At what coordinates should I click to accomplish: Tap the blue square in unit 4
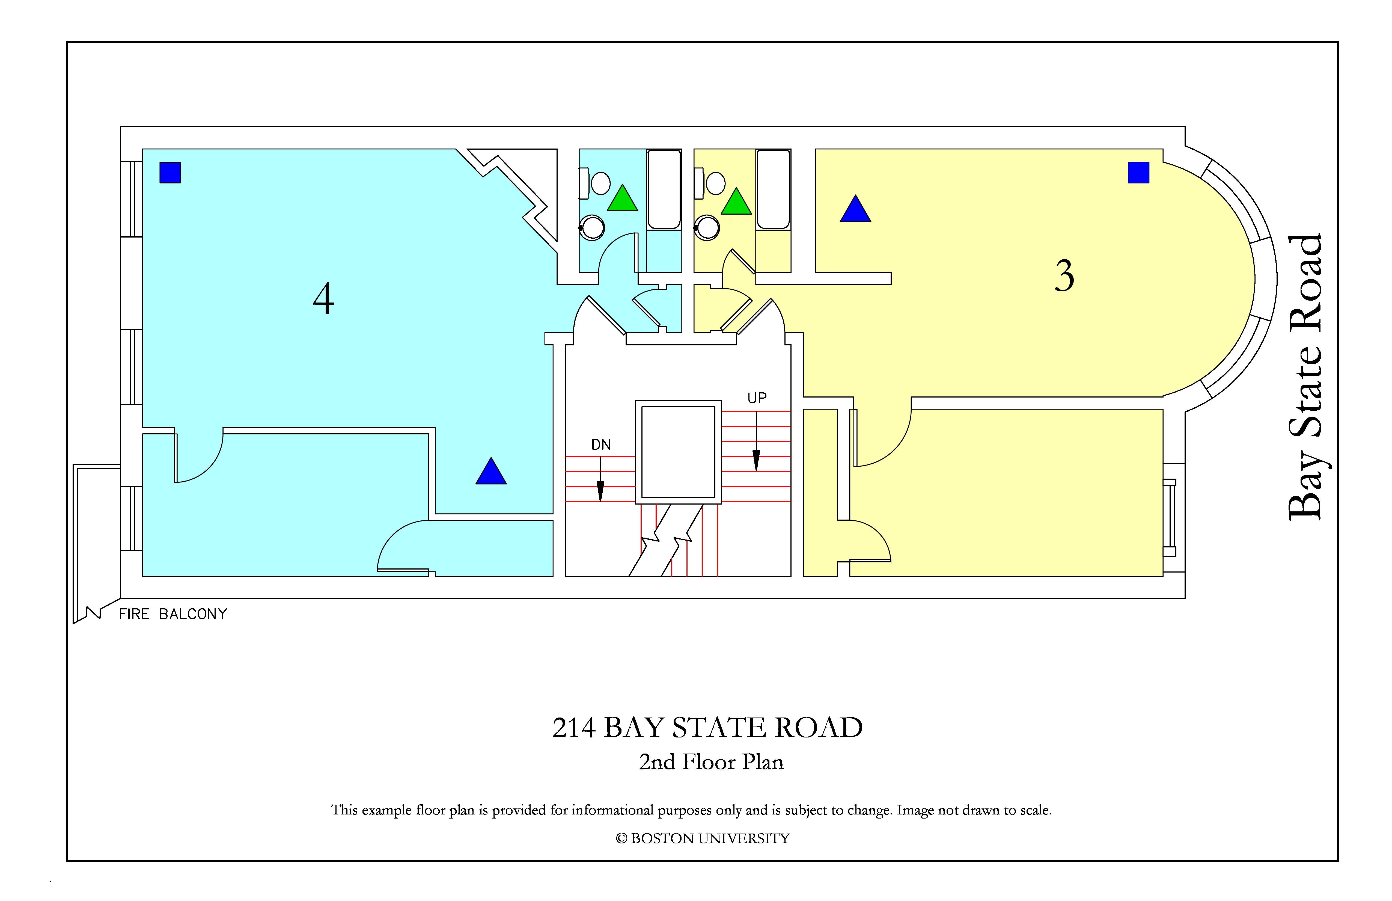click(x=170, y=173)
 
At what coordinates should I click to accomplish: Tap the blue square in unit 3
click(x=1139, y=173)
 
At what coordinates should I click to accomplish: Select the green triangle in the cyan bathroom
click(x=622, y=199)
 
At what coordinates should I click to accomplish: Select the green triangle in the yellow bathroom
click(x=736, y=202)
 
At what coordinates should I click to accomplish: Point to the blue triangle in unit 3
click(x=856, y=209)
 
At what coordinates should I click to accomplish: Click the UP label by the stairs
click(x=757, y=398)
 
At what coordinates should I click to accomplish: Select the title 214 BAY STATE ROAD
click(x=708, y=728)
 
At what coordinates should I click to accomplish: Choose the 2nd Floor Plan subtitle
click(x=711, y=762)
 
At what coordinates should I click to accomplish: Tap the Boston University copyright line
click(x=703, y=838)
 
